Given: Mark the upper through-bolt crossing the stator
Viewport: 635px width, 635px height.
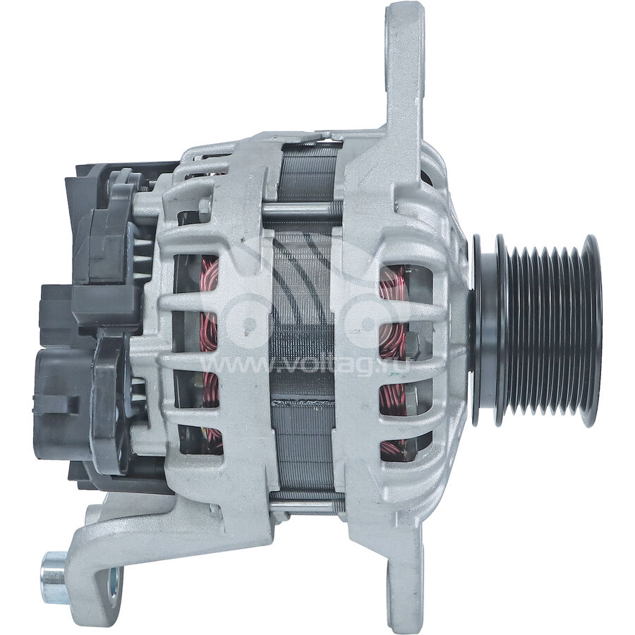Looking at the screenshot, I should pyautogui.click(x=303, y=209).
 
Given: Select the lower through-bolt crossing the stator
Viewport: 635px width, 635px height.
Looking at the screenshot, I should pyautogui.click(x=303, y=505).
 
